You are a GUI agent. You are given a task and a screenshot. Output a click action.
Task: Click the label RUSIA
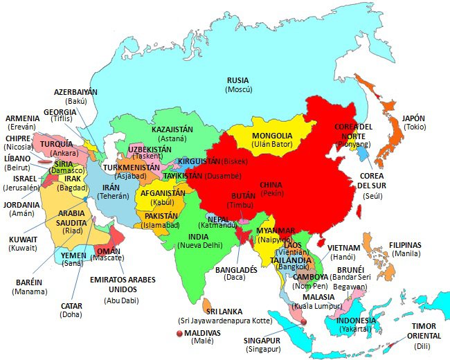pos(238,81)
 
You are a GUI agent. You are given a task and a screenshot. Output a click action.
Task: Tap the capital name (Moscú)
pos(238,91)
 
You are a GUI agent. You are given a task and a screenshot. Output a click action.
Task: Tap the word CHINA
pos(271,186)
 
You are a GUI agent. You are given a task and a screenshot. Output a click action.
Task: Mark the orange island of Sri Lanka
pos(207,305)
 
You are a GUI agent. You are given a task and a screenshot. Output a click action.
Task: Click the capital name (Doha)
pos(71,314)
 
